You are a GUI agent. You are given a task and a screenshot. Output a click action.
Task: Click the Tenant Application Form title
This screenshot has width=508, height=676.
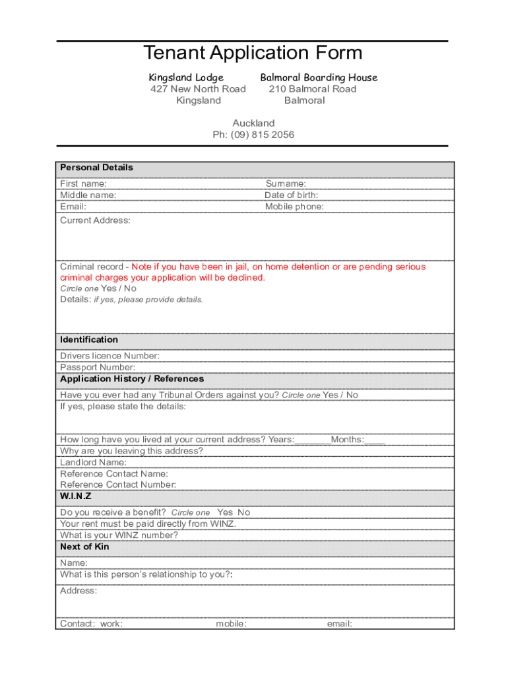(x=253, y=53)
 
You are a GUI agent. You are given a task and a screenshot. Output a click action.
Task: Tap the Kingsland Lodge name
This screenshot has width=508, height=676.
(x=186, y=77)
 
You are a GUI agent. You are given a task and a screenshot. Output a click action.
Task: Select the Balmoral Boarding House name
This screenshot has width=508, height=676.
(x=319, y=77)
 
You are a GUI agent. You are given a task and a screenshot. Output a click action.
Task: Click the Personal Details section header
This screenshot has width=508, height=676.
(x=96, y=168)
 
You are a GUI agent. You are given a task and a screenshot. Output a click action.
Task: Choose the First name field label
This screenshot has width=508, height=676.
(x=83, y=184)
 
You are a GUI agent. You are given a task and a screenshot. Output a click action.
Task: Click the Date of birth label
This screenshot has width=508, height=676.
(x=291, y=195)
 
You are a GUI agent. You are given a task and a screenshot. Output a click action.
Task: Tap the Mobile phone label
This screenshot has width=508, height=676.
(x=294, y=207)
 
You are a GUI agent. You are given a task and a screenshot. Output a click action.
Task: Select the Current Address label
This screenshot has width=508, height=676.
(x=95, y=220)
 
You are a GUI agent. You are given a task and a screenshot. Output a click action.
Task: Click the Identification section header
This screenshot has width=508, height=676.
(x=89, y=340)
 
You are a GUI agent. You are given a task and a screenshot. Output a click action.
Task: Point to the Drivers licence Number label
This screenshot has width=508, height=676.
(x=110, y=356)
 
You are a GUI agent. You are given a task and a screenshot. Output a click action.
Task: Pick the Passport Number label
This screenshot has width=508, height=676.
(x=98, y=367)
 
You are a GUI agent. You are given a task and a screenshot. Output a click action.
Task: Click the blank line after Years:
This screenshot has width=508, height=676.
(x=313, y=440)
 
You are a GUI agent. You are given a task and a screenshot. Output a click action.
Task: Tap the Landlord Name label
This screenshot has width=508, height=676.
(x=93, y=463)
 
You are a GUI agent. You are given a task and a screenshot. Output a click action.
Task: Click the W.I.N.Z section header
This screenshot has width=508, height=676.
(x=76, y=496)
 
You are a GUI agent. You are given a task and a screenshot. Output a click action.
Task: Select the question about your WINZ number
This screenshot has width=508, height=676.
(x=119, y=535)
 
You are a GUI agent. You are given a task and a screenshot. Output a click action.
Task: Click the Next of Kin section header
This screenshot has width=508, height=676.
(x=84, y=547)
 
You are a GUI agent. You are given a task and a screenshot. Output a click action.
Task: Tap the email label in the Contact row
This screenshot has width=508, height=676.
(x=339, y=624)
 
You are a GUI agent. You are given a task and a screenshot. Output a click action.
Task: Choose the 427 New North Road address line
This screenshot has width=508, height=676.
(x=198, y=89)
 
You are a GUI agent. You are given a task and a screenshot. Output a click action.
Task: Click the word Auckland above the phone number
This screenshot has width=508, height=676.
(x=253, y=123)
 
